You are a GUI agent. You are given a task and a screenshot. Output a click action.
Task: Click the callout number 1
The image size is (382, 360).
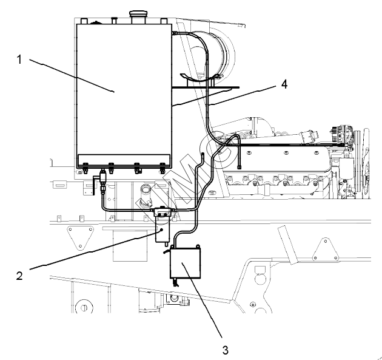tap(19, 59)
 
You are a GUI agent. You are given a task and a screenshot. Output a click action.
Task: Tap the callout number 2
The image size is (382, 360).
tap(19, 276)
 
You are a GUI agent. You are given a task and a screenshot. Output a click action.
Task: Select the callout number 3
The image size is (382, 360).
tap(226, 350)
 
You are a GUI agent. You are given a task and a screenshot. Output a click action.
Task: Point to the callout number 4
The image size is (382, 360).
tap(284, 84)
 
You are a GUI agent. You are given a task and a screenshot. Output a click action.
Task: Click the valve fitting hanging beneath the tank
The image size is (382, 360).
tap(103, 180)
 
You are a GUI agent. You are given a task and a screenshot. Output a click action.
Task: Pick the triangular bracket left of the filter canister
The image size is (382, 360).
tap(80, 237)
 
